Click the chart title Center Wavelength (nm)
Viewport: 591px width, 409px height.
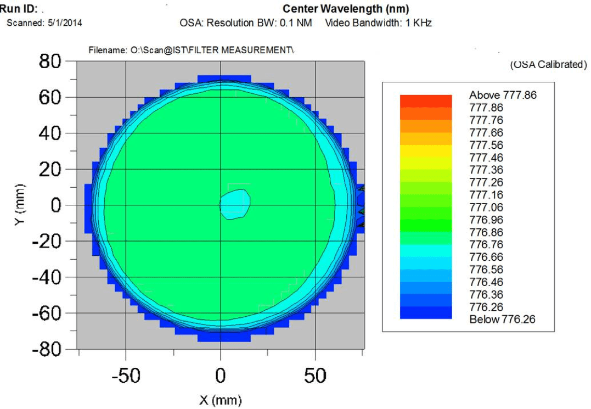346,9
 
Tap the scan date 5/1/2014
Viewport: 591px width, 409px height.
65,23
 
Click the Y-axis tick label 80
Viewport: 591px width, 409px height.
50,61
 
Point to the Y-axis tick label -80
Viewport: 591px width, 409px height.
46,350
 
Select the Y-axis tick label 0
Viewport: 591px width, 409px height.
56,205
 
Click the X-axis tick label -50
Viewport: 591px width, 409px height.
126,376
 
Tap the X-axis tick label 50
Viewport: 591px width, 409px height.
315,376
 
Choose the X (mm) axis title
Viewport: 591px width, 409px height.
221,400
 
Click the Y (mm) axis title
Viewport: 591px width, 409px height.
20,205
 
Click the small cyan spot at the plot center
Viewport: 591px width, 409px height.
235,204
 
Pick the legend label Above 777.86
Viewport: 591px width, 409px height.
503,95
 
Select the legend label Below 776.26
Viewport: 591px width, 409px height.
503,320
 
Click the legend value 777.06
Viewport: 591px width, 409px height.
486,208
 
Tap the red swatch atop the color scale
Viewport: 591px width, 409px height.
426,101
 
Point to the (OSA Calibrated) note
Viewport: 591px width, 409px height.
549,64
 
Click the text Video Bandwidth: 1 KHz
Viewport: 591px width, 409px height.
379,23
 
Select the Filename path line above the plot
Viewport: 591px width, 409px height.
191,50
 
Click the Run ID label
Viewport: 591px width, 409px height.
19,8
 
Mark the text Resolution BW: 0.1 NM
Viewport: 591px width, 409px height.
260,23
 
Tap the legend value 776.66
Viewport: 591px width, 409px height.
486,257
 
